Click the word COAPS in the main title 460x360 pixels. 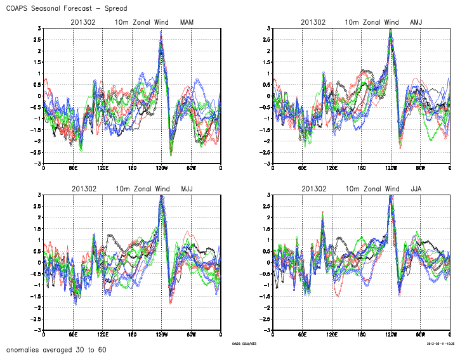coord(18,9)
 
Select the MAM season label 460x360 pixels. coord(187,23)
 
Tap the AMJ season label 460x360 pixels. coord(416,23)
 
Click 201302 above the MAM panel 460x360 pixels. coord(83,23)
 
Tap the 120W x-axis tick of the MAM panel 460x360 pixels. coord(162,167)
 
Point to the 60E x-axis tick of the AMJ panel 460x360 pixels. coord(303,167)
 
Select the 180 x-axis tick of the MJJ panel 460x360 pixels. coord(132,334)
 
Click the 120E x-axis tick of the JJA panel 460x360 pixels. coord(332,334)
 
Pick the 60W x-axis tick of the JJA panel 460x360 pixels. coord(420,334)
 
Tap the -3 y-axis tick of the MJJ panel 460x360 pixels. coord(37,330)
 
